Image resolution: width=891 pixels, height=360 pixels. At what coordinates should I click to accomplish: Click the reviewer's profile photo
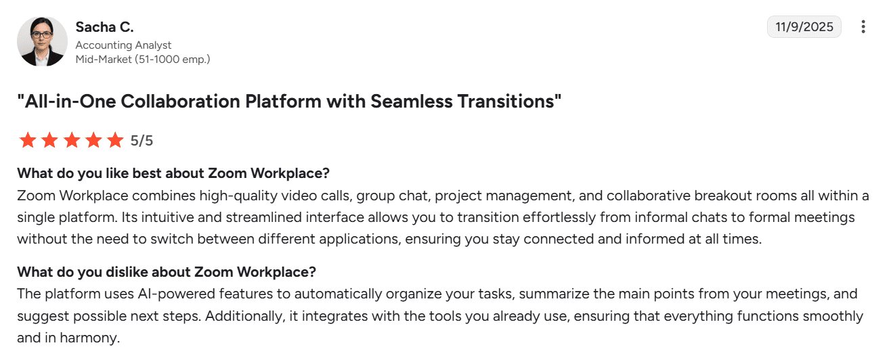(x=42, y=41)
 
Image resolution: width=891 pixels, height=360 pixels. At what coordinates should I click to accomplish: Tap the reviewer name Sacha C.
(x=105, y=27)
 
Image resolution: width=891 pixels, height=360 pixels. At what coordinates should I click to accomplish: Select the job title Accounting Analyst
(x=123, y=45)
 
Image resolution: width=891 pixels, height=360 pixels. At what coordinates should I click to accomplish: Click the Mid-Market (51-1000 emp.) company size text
(x=143, y=59)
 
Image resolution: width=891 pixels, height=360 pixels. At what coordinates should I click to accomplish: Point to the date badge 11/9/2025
(x=804, y=26)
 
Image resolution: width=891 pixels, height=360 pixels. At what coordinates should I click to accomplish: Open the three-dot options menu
(x=863, y=26)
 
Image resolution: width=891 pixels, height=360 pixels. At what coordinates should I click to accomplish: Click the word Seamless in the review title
(x=411, y=102)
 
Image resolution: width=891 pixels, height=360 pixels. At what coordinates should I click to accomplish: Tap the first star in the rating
(x=28, y=140)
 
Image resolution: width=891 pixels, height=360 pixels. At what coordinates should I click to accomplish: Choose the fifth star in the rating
(x=115, y=140)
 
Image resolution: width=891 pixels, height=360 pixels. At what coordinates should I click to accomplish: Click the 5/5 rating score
(x=142, y=141)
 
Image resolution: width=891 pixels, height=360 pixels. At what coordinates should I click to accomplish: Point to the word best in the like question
(x=146, y=173)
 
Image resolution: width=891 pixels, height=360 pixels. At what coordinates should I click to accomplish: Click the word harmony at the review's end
(x=89, y=338)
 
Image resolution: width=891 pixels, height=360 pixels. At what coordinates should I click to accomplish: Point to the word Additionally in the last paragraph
(x=245, y=316)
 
